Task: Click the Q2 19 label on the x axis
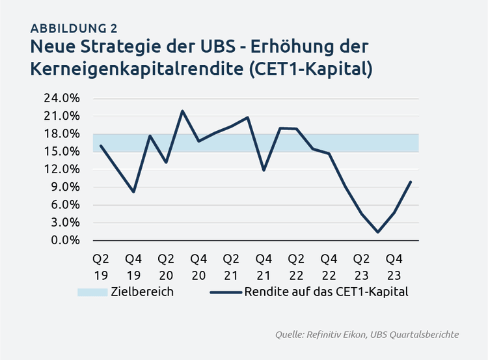pyautogui.click(x=101, y=266)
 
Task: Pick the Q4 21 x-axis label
pyautogui.click(x=264, y=266)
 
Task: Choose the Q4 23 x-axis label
pyautogui.click(x=394, y=266)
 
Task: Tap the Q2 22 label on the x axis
pyautogui.click(x=296, y=266)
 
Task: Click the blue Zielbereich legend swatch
pyautogui.click(x=92, y=292)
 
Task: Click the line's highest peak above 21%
pyautogui.click(x=182, y=111)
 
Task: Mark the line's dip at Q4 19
pyautogui.click(x=133, y=192)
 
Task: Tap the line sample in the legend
pyautogui.click(x=225, y=292)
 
